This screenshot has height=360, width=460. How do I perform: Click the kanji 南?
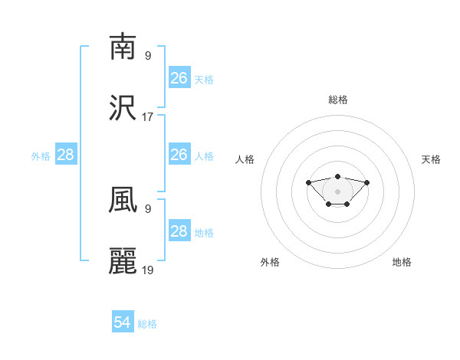click(x=123, y=47)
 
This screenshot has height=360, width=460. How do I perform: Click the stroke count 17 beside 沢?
click(x=148, y=117)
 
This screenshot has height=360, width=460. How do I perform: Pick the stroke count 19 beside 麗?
click(x=148, y=270)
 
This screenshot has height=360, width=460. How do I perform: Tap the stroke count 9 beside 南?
click(x=148, y=55)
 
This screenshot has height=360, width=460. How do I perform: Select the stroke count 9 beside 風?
click(x=148, y=208)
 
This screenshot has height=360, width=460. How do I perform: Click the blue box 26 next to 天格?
click(x=179, y=78)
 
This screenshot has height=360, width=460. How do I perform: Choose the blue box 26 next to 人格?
click(x=179, y=155)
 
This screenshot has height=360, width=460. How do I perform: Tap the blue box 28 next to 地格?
click(x=179, y=231)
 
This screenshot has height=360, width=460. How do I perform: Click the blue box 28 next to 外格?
click(x=66, y=155)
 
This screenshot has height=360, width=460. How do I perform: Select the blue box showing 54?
click(x=123, y=323)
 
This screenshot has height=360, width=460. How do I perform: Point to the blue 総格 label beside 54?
click(x=147, y=324)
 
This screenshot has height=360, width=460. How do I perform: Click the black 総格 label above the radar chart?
click(x=337, y=100)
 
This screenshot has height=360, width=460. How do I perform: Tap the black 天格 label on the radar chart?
click(x=431, y=159)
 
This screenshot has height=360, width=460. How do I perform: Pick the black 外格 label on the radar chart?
click(x=270, y=262)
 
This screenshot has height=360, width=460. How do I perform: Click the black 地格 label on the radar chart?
click(x=402, y=262)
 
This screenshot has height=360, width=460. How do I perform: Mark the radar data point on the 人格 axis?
click(x=308, y=182)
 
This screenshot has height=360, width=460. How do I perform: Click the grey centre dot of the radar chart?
click(x=337, y=191)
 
